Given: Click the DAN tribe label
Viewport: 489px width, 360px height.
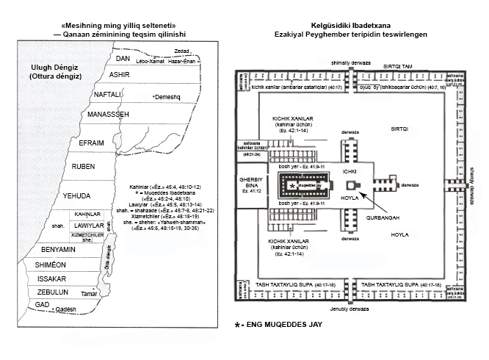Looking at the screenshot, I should (123, 58).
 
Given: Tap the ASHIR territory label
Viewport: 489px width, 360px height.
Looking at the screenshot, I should (119, 76).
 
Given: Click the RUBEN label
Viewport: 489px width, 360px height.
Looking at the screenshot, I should (84, 167).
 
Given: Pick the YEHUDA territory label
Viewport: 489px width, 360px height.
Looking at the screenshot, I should (76, 195).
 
